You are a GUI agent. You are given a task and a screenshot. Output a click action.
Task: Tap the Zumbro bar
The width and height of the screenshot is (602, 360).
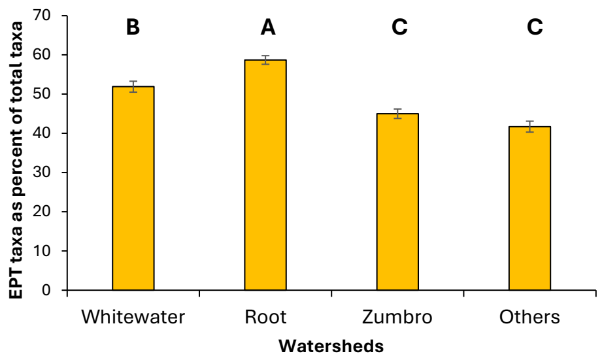[x=397, y=202]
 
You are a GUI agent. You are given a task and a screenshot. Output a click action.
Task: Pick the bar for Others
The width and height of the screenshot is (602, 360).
[x=530, y=208]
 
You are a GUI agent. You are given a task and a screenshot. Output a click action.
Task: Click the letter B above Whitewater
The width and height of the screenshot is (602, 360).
[x=133, y=27]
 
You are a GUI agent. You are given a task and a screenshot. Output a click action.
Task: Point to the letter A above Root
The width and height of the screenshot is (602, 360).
[x=267, y=27]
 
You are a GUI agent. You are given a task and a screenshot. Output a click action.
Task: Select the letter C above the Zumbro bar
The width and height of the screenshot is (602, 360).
[x=399, y=27]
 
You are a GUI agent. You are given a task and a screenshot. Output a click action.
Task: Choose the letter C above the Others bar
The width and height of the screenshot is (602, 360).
[x=534, y=27]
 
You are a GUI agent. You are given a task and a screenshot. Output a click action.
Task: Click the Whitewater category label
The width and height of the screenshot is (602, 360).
[x=133, y=318]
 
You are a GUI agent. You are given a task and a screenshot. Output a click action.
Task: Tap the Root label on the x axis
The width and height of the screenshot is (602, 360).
[x=265, y=318]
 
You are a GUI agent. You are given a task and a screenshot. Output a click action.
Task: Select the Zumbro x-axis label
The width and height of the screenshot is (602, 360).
[x=397, y=318]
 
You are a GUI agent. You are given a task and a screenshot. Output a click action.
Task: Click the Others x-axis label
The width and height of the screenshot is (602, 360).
[x=529, y=318]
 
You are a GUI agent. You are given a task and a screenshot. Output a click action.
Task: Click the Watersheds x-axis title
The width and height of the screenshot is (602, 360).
[x=331, y=346]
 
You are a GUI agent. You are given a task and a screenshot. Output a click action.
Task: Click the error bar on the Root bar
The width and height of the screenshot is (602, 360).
[x=265, y=60]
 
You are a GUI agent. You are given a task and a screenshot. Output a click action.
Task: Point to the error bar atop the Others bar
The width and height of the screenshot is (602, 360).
[x=530, y=127]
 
